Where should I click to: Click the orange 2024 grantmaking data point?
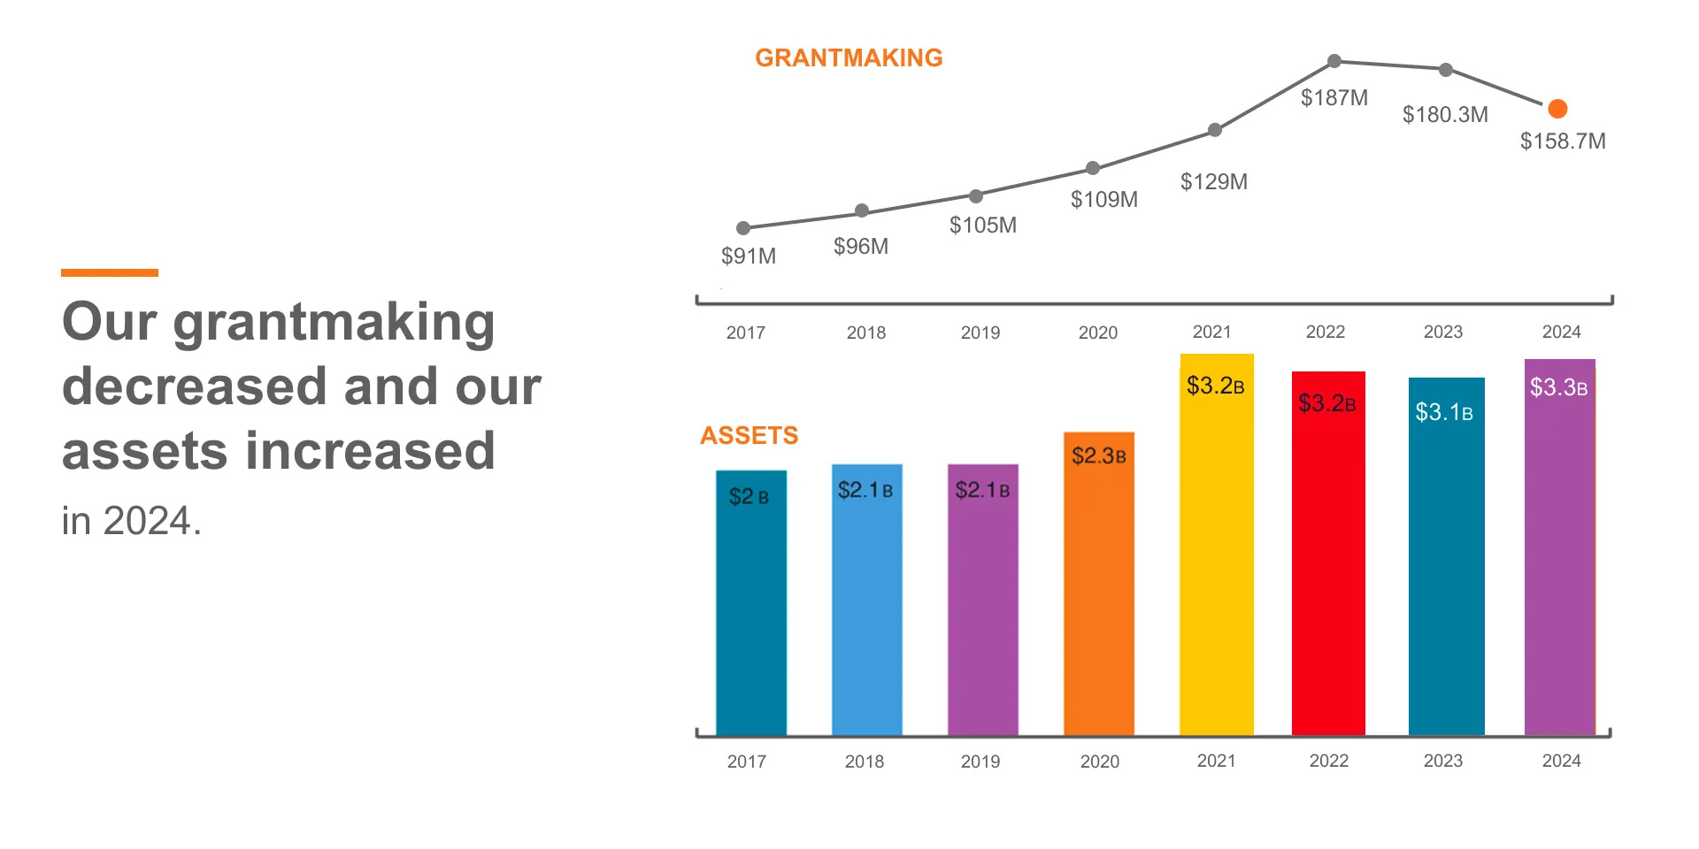pyautogui.click(x=1557, y=109)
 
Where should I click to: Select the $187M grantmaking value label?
pyautogui.click(x=1334, y=98)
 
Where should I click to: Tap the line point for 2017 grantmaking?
pyautogui.click(x=743, y=228)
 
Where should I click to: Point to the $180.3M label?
pyautogui.click(x=1445, y=115)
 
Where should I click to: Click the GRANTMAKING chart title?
pyautogui.click(x=848, y=58)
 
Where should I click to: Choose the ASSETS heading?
pyautogui.click(x=749, y=435)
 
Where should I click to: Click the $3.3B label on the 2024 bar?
pyautogui.click(x=1558, y=387)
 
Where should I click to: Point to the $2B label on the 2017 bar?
pyautogui.click(x=749, y=497)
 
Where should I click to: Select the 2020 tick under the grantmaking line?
pyautogui.click(x=1097, y=333)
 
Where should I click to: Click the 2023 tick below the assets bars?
pyautogui.click(x=1442, y=761)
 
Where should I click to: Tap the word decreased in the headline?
pyautogui.click(x=193, y=387)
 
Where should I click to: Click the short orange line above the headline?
pyautogui.click(x=110, y=272)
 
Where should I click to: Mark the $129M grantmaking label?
pyautogui.click(x=1213, y=182)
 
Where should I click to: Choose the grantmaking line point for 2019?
pyautogui.click(x=975, y=196)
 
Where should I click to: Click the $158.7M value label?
pyautogui.click(x=1562, y=141)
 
